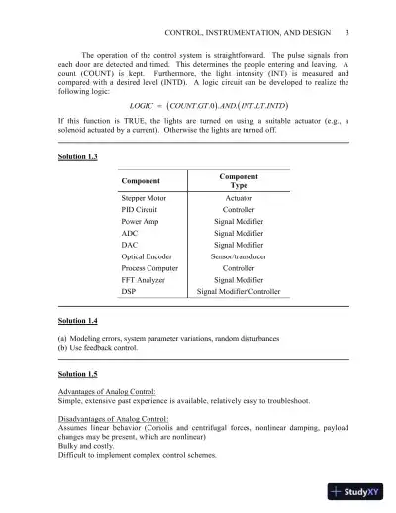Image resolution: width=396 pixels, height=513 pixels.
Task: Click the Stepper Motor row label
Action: pyautogui.click(x=145, y=198)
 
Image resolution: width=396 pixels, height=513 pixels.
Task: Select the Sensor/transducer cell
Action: pyautogui.click(x=239, y=255)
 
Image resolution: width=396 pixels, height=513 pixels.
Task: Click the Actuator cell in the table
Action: pyautogui.click(x=239, y=198)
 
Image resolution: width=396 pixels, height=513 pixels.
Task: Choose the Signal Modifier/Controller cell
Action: pyautogui.click(x=239, y=293)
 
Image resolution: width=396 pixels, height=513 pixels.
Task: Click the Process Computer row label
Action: pyautogui.click(x=151, y=267)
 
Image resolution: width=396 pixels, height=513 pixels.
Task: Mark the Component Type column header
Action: pyautogui.click(x=239, y=180)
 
